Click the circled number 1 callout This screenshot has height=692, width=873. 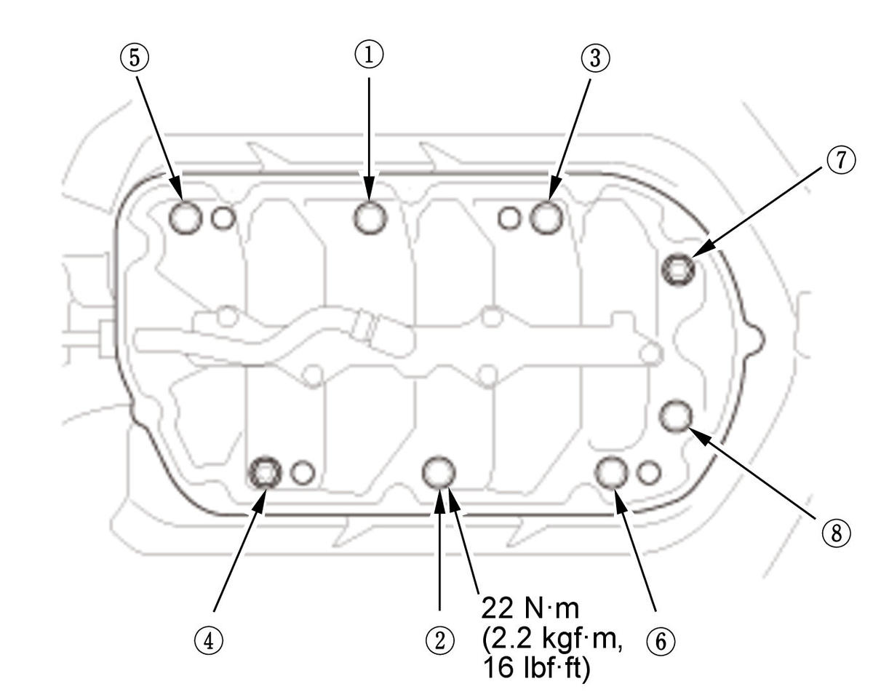click(369, 55)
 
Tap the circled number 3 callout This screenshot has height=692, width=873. click(594, 58)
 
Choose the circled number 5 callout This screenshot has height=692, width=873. click(135, 58)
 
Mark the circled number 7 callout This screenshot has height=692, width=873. click(841, 160)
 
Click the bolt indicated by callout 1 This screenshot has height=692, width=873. click(370, 218)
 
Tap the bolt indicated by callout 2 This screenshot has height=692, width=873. click(439, 472)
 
